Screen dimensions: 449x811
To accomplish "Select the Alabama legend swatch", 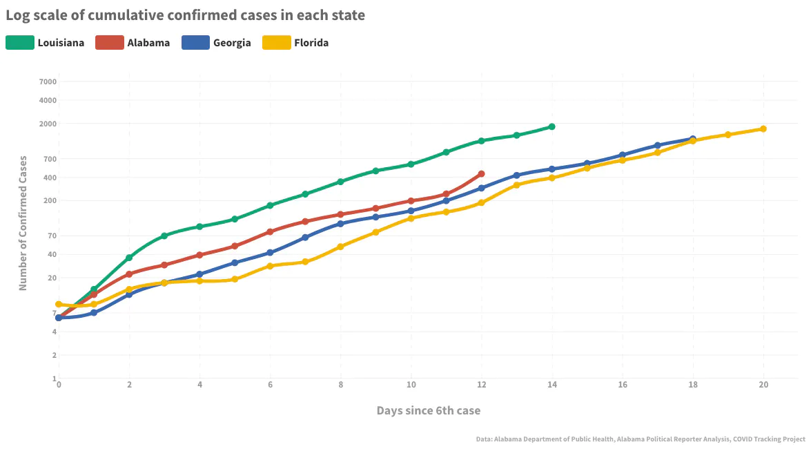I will [109, 43].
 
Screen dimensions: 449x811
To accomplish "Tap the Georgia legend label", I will [232, 43].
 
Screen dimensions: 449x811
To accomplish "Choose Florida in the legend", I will [311, 43].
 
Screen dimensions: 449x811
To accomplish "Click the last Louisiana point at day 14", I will [551, 126].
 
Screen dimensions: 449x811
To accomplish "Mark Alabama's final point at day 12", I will [481, 174].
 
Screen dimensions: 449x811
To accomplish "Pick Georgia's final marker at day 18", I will [693, 140].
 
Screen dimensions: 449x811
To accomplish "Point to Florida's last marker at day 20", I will [763, 128].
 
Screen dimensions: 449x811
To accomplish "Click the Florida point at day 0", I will [59, 305].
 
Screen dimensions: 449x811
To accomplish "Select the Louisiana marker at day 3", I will [164, 236].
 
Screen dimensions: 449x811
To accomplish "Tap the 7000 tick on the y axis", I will [48, 82].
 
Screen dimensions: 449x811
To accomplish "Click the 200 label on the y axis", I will [50, 201].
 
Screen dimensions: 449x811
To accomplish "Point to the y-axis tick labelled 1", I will [54, 379].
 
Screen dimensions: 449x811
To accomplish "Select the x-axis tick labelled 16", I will [623, 384].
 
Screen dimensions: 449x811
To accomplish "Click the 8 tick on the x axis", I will [340, 384].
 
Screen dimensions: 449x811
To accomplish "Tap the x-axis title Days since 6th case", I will [428, 410].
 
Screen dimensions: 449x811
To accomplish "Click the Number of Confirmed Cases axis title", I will [23, 222].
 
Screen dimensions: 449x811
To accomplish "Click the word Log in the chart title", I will [18, 15].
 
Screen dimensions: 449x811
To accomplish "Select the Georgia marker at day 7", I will [305, 238].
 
